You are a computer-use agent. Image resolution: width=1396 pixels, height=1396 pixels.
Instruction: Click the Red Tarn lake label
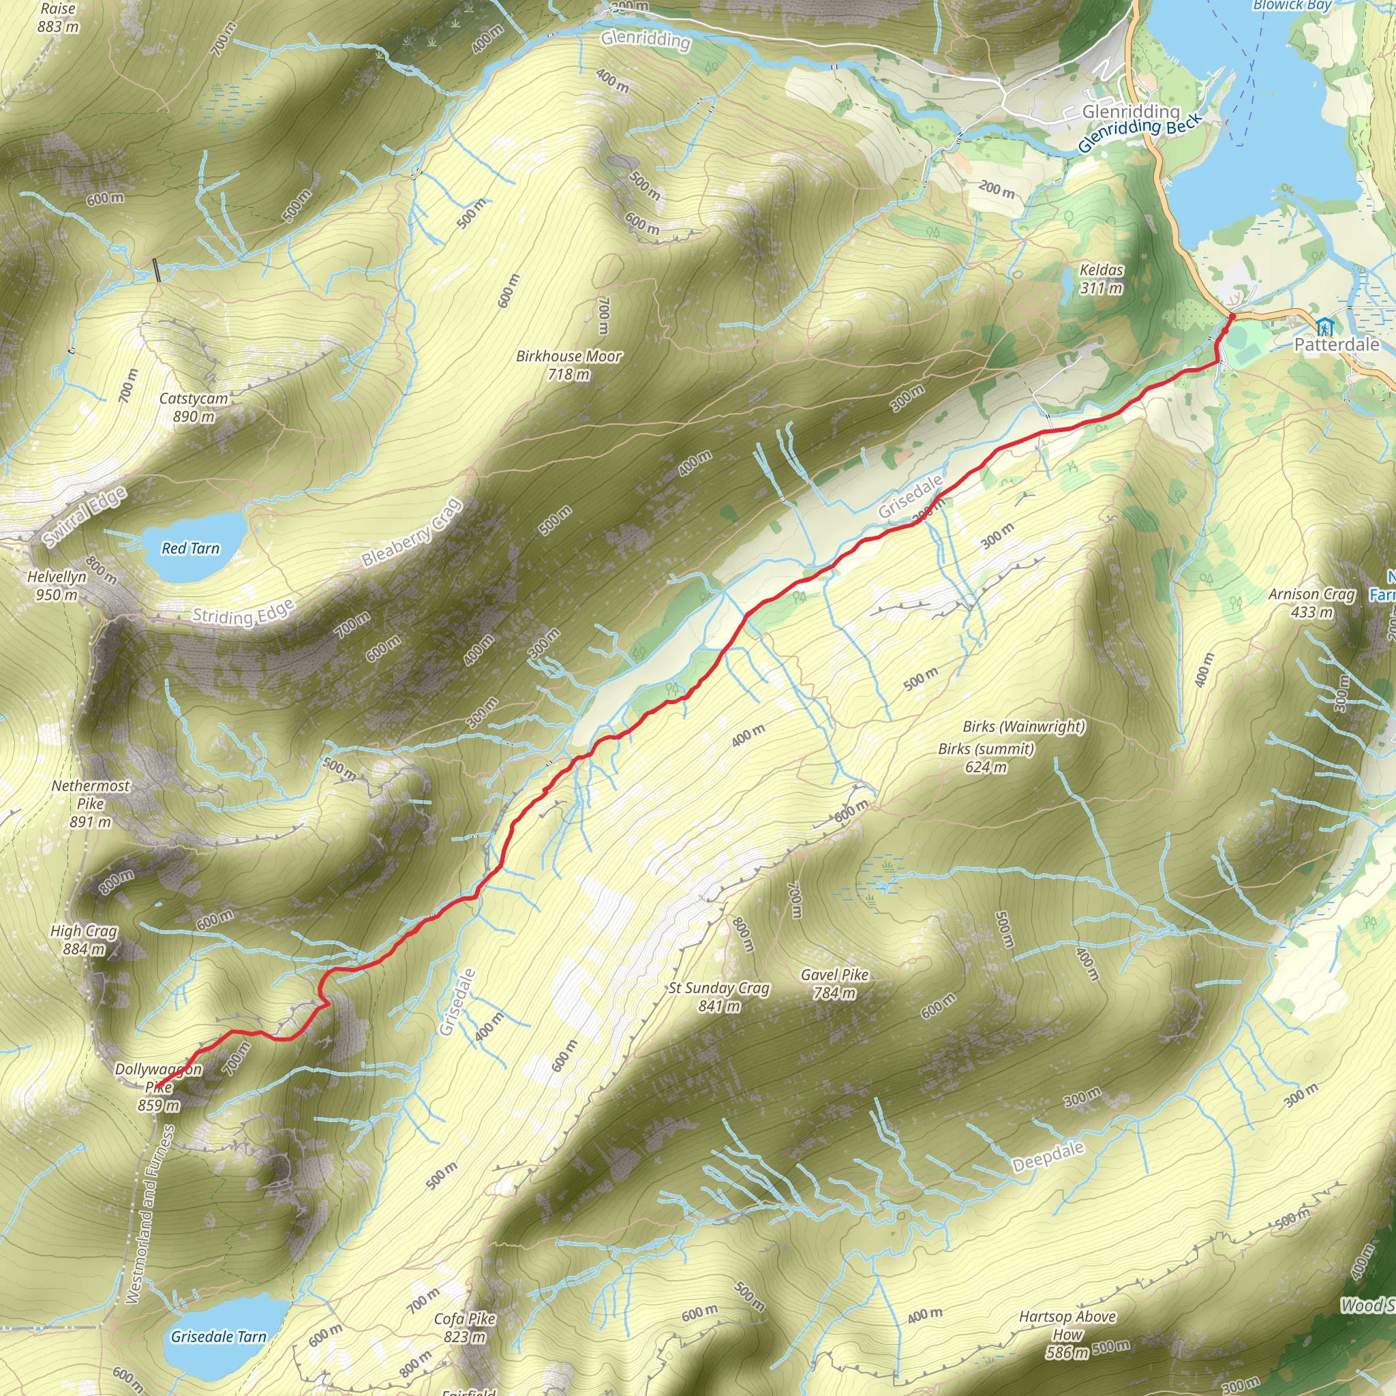click(190, 549)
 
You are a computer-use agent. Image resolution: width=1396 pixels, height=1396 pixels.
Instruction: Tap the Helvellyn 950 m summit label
click(56, 586)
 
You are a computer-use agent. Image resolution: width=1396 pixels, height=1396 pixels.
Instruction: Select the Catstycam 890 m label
click(194, 408)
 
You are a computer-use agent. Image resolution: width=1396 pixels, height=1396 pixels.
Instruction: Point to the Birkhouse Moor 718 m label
click(568, 365)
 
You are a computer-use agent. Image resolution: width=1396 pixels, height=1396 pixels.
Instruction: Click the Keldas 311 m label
click(1102, 279)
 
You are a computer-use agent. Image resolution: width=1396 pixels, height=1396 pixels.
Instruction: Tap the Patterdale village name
click(1336, 345)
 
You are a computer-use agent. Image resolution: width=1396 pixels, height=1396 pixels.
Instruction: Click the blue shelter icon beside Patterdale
click(1324, 326)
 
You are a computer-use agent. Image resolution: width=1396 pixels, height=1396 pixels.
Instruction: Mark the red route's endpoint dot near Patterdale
click(1232, 316)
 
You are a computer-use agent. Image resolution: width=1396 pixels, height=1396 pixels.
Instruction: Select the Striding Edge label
click(243, 613)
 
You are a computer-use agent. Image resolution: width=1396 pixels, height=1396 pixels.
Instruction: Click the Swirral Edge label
click(85, 517)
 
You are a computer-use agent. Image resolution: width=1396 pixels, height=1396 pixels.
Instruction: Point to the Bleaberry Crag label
click(411, 533)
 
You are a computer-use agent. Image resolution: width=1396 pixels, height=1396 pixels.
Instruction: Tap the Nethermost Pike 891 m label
click(91, 804)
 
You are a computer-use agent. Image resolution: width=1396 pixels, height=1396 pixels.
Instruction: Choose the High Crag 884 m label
click(84, 940)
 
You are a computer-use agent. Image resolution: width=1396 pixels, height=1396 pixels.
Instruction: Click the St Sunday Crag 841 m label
click(719, 997)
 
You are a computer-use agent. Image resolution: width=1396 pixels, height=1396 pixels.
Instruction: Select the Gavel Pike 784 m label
click(834, 984)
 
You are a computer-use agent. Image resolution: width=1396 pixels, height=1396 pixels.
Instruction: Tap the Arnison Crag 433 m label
click(1311, 603)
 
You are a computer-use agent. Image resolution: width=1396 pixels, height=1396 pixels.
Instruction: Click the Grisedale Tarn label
click(218, 1337)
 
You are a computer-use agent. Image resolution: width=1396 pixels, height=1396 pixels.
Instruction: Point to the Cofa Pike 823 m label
click(466, 1327)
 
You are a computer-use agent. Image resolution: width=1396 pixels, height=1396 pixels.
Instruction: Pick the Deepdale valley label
click(1048, 1157)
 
